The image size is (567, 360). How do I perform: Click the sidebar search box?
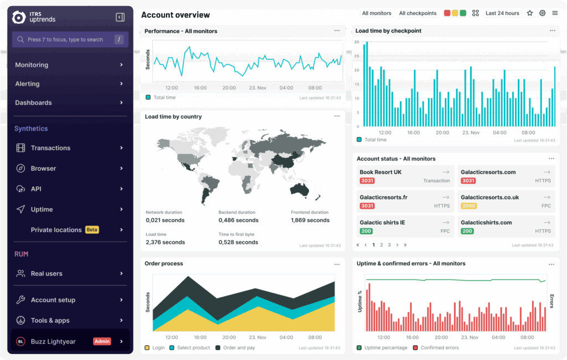pyautogui.click(x=70, y=39)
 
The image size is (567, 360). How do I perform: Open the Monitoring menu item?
pyautogui.click(x=32, y=65)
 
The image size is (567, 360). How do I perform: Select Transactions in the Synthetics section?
pyautogui.click(x=50, y=148)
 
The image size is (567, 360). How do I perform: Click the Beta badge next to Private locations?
pyautogui.click(x=92, y=230)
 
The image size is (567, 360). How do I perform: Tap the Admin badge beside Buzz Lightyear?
pyautogui.click(x=102, y=341)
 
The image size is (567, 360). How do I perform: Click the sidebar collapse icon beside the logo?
pyautogui.click(x=120, y=17)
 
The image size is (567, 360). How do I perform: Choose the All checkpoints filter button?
pyautogui.click(x=417, y=13)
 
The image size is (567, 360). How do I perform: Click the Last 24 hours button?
pyautogui.click(x=502, y=13)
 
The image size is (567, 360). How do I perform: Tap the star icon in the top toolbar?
pyautogui.click(x=530, y=13)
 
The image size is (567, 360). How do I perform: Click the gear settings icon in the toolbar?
pyautogui.click(x=542, y=13)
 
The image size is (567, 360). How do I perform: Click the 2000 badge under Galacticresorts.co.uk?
pyautogui.click(x=468, y=206)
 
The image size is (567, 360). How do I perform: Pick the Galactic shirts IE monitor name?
pyautogui.click(x=382, y=223)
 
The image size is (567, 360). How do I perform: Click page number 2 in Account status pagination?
pyautogui.click(x=382, y=245)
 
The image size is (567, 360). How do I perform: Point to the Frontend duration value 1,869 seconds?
pyautogui.click(x=310, y=220)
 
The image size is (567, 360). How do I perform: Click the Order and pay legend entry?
pyautogui.click(x=238, y=348)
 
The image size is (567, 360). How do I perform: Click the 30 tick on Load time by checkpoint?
pyautogui.click(x=357, y=42)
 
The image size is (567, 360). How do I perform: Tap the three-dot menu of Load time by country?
pyautogui.click(x=337, y=116)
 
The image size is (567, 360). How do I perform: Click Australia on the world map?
pyautogui.click(x=300, y=189)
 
